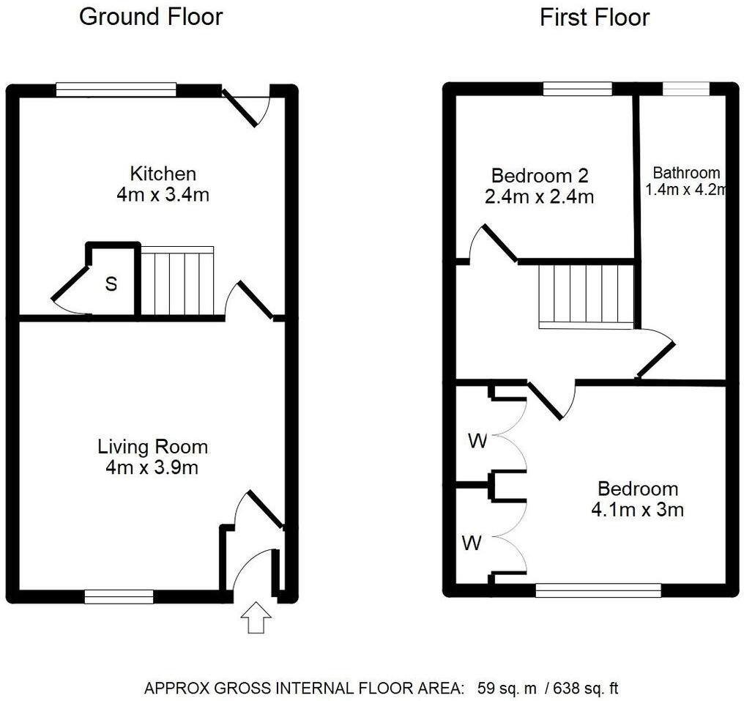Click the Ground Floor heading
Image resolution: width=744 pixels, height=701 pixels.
coord(150,16)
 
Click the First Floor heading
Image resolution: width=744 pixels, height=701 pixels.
coord(594,17)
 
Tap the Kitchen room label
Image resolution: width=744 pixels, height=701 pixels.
coord(163,174)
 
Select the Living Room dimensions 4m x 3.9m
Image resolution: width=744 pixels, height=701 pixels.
coord(152,467)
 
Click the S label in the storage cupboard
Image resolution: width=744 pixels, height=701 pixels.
coord(111,284)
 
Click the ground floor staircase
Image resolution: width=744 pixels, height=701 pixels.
coord(176,282)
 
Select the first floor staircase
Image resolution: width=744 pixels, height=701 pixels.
coord(586,294)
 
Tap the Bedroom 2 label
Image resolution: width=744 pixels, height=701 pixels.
coord(539,176)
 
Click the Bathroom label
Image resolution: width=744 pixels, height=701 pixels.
coord(686,174)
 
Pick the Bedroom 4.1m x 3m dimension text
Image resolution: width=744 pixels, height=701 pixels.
coord(637,510)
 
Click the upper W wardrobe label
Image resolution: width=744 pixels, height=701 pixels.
coord(477,441)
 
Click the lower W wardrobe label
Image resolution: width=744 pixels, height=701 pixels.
coord(472,543)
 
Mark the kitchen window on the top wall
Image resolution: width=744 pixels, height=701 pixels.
coord(116,89)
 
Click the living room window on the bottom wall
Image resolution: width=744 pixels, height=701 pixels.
coord(119,597)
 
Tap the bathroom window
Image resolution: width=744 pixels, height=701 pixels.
coord(686,89)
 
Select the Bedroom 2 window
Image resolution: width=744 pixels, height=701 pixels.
coord(577,89)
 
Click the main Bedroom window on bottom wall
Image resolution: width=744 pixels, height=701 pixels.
coord(598,590)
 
